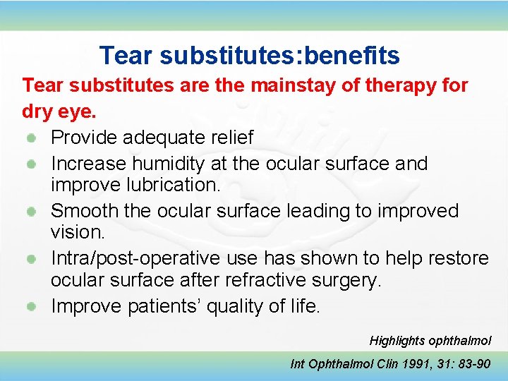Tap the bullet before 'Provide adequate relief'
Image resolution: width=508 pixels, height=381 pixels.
32,137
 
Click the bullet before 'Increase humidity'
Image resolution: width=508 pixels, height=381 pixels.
32,164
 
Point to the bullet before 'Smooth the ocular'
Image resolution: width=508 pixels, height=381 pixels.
32,211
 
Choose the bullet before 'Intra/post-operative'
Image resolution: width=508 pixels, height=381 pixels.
32,259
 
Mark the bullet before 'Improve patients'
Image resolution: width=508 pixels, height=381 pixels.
32,307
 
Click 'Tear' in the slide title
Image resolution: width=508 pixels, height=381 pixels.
124,55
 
